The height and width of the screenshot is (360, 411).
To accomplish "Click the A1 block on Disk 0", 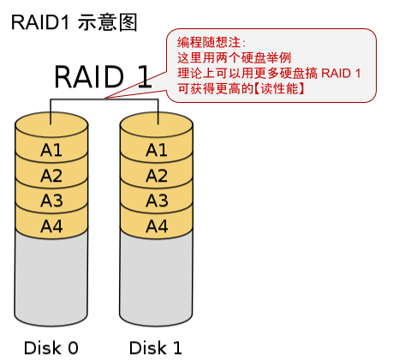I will [51, 150].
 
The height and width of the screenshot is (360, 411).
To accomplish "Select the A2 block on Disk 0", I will [51, 176].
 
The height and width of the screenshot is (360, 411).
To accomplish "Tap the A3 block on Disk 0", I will [51, 201].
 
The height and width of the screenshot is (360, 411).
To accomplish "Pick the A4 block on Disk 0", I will [51, 226].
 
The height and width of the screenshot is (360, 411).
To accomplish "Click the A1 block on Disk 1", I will [156, 150].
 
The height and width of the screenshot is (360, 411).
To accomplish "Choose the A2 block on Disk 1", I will [156, 176].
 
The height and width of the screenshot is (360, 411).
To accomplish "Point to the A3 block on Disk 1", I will [156, 201].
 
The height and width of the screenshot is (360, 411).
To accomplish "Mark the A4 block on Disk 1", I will [156, 226].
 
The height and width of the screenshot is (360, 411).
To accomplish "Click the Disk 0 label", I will [51, 347].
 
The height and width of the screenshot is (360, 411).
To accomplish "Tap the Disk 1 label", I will [156, 347].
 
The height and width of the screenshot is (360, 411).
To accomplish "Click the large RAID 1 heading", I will [103, 76].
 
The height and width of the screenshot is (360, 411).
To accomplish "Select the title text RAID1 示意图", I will [74, 22].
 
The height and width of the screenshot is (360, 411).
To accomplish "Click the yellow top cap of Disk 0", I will [51, 123].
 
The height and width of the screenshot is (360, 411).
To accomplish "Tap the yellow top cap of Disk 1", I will [156, 123].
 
